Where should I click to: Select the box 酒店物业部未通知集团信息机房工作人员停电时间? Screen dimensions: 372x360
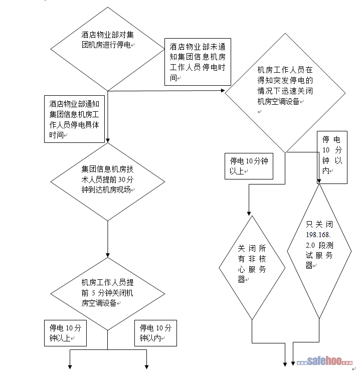pyautogui.click(x=198, y=61)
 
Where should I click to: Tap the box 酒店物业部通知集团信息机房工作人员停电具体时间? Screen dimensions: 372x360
pyautogui.click(x=74, y=118)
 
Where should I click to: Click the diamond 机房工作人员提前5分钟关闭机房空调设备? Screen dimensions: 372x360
pyautogui.click(x=108, y=293)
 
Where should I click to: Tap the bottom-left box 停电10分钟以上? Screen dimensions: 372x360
pyautogui.click(x=65, y=332)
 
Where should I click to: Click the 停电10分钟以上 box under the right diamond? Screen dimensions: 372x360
pyautogui.click(x=249, y=165)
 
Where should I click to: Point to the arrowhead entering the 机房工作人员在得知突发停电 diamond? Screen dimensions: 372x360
pyautogui.click(x=223, y=91)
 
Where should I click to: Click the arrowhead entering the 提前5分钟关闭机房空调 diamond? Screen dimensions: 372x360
pyautogui.click(x=108, y=255)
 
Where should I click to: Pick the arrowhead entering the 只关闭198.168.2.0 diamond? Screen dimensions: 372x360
pyautogui.click(x=318, y=182)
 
